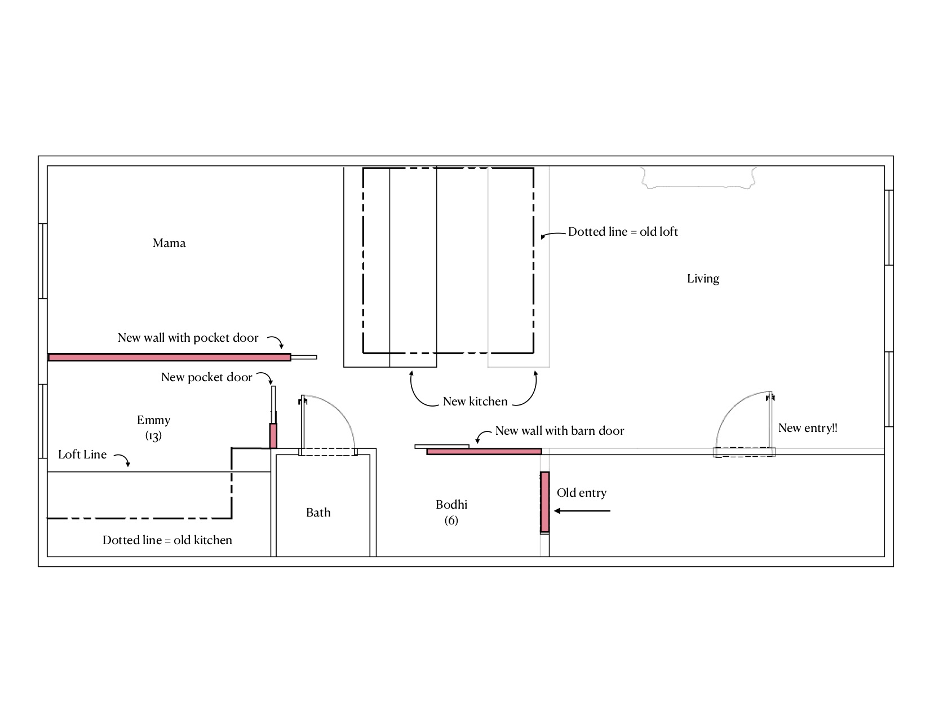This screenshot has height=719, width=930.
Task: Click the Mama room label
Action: click(169, 243)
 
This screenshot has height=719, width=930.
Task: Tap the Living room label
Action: click(703, 279)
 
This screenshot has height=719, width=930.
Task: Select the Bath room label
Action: click(318, 512)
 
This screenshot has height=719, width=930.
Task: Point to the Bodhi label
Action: click(451, 505)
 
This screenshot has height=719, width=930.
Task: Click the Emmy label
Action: click(153, 420)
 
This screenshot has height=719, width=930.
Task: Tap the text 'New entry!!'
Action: click(808, 428)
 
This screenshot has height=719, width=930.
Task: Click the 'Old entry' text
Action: click(581, 493)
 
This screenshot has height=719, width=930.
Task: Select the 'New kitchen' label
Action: click(475, 402)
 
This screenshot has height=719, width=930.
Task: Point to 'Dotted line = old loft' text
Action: click(623, 232)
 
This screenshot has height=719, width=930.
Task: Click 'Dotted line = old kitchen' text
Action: click(167, 540)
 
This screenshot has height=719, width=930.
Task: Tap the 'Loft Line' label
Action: click(82, 455)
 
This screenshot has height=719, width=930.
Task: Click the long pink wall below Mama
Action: click(170, 357)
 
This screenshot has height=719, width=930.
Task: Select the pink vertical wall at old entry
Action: click(544, 502)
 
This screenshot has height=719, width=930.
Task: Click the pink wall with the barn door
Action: click(484, 451)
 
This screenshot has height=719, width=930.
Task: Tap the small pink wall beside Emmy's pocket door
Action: click(273, 435)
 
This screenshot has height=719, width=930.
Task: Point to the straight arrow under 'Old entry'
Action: click(582, 511)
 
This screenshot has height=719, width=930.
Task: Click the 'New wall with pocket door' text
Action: click(188, 338)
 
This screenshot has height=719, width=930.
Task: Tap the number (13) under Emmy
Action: click(153, 436)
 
